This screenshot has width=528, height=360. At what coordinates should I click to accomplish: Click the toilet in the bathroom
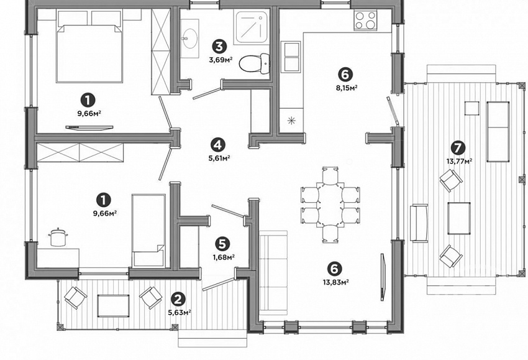tap(255, 63)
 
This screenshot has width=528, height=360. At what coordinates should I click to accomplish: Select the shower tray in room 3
tap(252, 27)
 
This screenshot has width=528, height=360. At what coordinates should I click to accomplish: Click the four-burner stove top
tap(365, 20)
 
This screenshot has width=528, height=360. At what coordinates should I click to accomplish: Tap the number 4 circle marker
tap(218, 145)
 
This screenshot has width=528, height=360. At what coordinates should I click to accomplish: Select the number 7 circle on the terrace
tap(459, 147)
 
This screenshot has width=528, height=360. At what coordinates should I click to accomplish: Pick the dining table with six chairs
tap(330, 205)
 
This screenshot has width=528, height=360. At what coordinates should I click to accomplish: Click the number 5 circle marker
tap(224, 243)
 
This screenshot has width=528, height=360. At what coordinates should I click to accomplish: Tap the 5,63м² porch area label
tap(180, 313)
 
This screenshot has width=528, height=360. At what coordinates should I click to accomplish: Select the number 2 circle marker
tap(178, 298)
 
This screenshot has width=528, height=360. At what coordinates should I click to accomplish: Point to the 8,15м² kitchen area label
tap(346, 88)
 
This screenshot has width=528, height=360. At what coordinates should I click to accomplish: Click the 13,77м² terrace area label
tap(459, 162)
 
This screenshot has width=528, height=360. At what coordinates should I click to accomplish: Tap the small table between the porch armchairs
tap(113, 306)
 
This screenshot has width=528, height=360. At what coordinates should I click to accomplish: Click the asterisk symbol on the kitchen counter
tap(291, 121)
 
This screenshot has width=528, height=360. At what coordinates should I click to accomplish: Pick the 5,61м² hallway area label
tap(219, 158)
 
